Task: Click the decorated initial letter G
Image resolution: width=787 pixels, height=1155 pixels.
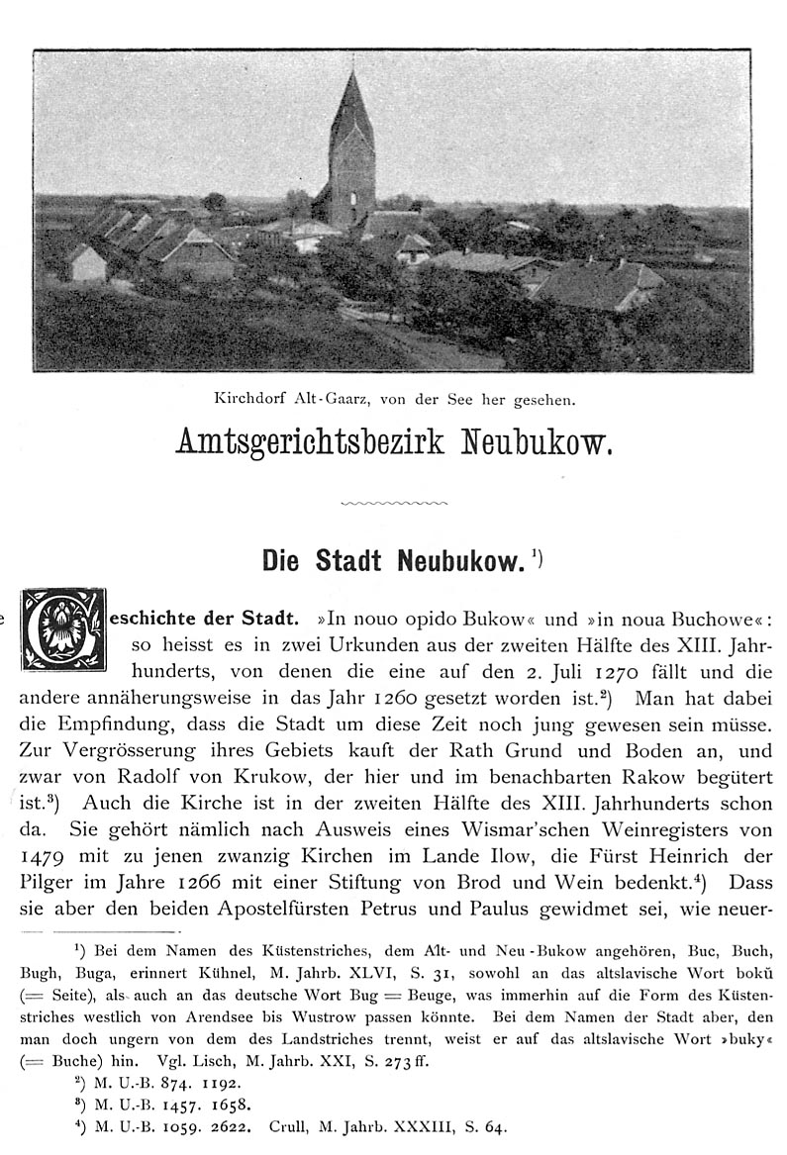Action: tap(63, 629)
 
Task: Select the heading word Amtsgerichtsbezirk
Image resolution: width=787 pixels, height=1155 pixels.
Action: tap(310, 442)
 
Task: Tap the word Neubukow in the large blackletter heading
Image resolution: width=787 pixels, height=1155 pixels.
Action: tap(537, 441)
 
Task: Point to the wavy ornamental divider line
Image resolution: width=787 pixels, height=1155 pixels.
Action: tap(393, 503)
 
